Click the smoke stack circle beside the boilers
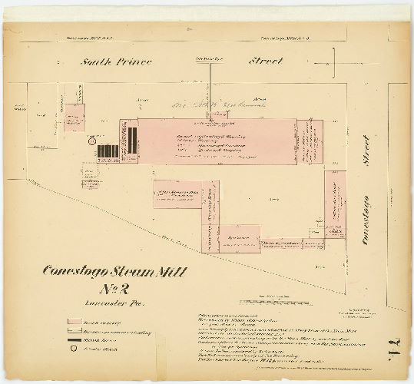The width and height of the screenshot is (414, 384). pyautogui.click(x=91, y=141)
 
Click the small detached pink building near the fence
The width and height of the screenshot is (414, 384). pyautogui.click(x=74, y=118)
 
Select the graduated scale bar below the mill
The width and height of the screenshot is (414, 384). pyautogui.click(x=263, y=300)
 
